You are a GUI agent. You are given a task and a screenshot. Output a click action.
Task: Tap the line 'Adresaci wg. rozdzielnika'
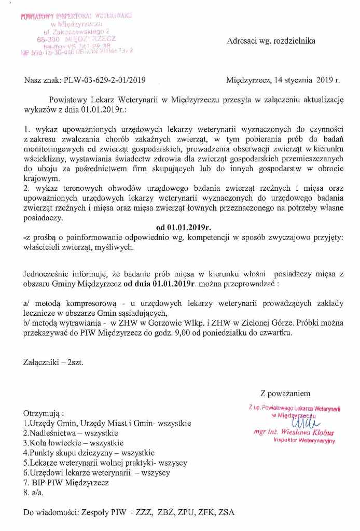point(271,41)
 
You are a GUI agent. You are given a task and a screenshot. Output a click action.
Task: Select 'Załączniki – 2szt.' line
point(53,363)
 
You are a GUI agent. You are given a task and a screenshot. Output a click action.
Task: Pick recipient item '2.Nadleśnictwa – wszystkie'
point(71,432)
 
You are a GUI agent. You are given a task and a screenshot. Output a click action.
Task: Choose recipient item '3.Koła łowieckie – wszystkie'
point(74,442)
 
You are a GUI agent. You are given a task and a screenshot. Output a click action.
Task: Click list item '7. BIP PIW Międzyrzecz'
point(66,482)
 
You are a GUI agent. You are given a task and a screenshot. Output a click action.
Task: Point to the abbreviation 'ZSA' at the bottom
point(226,512)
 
